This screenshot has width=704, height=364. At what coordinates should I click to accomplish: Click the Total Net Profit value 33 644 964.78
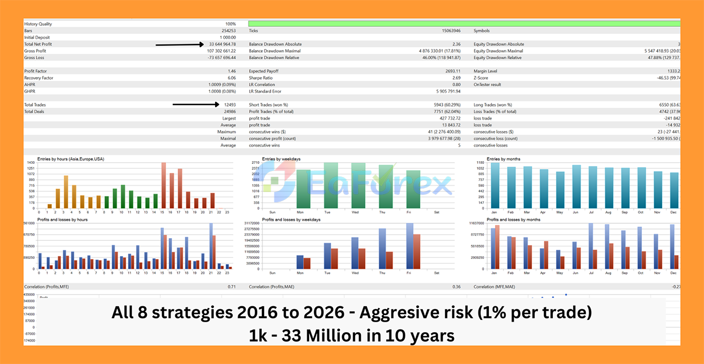222,44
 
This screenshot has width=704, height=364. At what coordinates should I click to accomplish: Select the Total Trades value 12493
229,104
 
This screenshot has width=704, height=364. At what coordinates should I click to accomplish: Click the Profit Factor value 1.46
232,71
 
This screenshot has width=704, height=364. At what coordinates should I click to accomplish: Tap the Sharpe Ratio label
261,78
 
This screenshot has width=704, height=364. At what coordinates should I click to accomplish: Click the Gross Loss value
222,57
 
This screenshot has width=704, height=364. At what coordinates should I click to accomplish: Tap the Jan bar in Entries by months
495,186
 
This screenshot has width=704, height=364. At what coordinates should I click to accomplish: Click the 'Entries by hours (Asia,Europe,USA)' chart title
71,159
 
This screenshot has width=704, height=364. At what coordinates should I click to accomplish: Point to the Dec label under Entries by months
674,212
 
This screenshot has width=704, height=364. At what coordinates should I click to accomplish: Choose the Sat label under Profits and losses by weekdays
437,273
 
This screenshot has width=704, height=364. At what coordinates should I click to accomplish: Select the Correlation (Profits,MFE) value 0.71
232,286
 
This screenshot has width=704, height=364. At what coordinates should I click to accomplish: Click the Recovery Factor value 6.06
232,78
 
